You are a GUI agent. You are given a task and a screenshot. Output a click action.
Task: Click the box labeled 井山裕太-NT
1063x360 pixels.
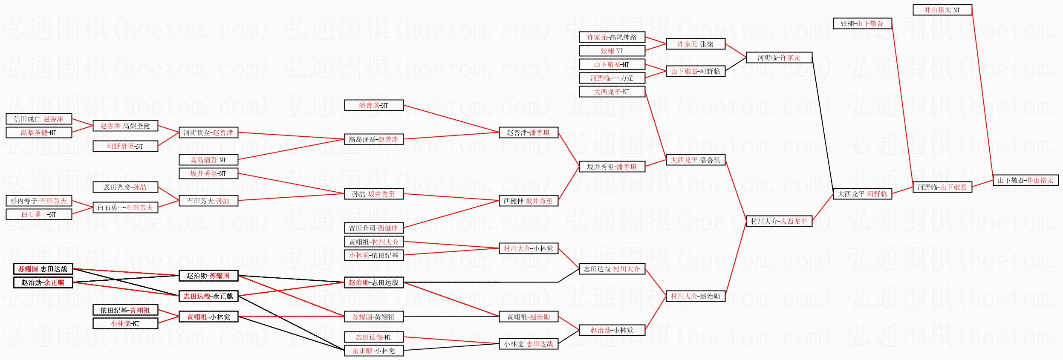click(942, 10)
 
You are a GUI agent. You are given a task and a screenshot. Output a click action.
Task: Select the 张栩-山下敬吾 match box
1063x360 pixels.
click(862, 23)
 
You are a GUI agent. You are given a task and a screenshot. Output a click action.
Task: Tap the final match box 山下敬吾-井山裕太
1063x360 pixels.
click(1025, 180)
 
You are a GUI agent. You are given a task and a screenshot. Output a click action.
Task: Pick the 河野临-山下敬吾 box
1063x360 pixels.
click(942, 187)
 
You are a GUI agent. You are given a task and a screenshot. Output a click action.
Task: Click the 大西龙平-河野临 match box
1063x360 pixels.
click(862, 194)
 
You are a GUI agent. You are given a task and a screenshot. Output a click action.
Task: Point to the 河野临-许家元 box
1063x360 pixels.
click(779, 58)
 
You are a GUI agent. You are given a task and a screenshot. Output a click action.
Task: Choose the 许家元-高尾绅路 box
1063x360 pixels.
click(612, 37)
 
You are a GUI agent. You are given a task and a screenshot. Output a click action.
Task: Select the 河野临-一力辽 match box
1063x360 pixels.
click(612, 78)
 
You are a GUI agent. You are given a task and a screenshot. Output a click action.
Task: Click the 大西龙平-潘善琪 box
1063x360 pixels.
click(696, 160)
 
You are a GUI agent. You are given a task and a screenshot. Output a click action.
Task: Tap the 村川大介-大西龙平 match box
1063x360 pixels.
click(779, 221)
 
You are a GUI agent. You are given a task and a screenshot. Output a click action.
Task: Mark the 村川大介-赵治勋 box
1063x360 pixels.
click(696, 296)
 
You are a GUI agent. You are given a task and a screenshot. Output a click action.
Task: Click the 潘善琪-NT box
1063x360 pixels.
click(373, 105)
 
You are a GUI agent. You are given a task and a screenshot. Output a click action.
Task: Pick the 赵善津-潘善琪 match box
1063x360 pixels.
click(528, 132)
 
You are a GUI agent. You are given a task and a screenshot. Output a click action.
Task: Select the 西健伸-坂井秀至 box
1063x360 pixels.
click(528, 201)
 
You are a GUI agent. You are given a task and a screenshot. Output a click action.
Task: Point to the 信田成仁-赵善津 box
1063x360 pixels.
click(39, 119)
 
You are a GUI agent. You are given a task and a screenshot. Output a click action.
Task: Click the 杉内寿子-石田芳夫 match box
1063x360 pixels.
click(39, 201)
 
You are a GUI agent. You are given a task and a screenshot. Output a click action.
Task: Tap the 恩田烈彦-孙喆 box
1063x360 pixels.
click(125, 187)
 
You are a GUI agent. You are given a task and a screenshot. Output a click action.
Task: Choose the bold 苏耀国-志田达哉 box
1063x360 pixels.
click(43, 269)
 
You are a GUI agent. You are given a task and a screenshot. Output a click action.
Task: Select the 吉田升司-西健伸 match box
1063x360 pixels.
click(373, 228)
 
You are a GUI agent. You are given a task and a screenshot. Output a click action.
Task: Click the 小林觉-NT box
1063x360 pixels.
click(125, 323)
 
